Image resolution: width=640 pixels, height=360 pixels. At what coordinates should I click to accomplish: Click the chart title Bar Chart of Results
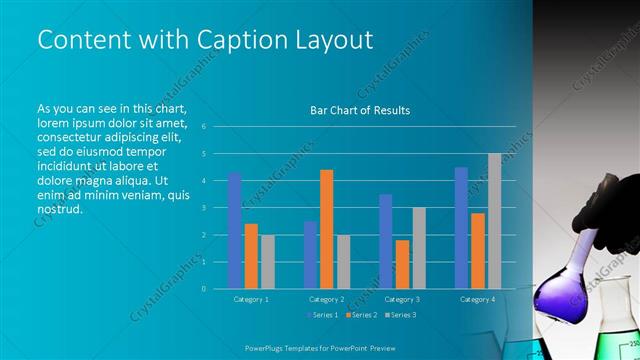360,110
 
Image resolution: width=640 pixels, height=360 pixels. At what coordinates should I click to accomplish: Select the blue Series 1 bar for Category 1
234,231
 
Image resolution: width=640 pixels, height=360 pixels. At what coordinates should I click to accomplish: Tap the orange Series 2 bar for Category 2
327,229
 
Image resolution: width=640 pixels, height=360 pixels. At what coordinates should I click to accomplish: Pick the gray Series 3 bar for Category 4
494,221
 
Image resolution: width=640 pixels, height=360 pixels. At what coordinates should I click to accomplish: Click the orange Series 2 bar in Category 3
402,264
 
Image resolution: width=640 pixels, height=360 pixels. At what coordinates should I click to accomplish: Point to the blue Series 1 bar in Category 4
461,228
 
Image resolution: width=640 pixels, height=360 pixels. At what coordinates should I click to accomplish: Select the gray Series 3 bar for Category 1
267,262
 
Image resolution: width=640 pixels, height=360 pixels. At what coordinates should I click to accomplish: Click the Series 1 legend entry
323,315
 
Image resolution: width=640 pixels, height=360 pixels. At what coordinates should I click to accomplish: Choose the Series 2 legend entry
361,315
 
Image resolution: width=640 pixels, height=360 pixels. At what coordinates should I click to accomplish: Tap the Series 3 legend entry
400,315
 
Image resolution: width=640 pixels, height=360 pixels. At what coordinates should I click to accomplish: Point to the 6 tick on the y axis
203,127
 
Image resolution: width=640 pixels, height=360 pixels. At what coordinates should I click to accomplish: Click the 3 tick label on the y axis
203,208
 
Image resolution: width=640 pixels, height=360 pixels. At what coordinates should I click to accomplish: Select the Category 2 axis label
327,299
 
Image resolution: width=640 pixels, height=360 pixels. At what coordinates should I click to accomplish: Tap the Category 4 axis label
477,299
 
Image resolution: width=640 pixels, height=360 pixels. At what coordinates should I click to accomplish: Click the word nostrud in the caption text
59,210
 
